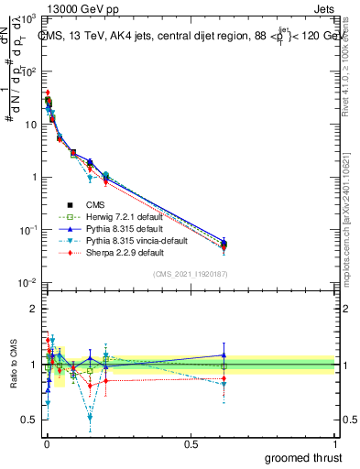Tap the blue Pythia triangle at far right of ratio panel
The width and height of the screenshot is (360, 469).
224,355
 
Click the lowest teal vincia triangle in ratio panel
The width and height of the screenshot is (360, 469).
115,417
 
